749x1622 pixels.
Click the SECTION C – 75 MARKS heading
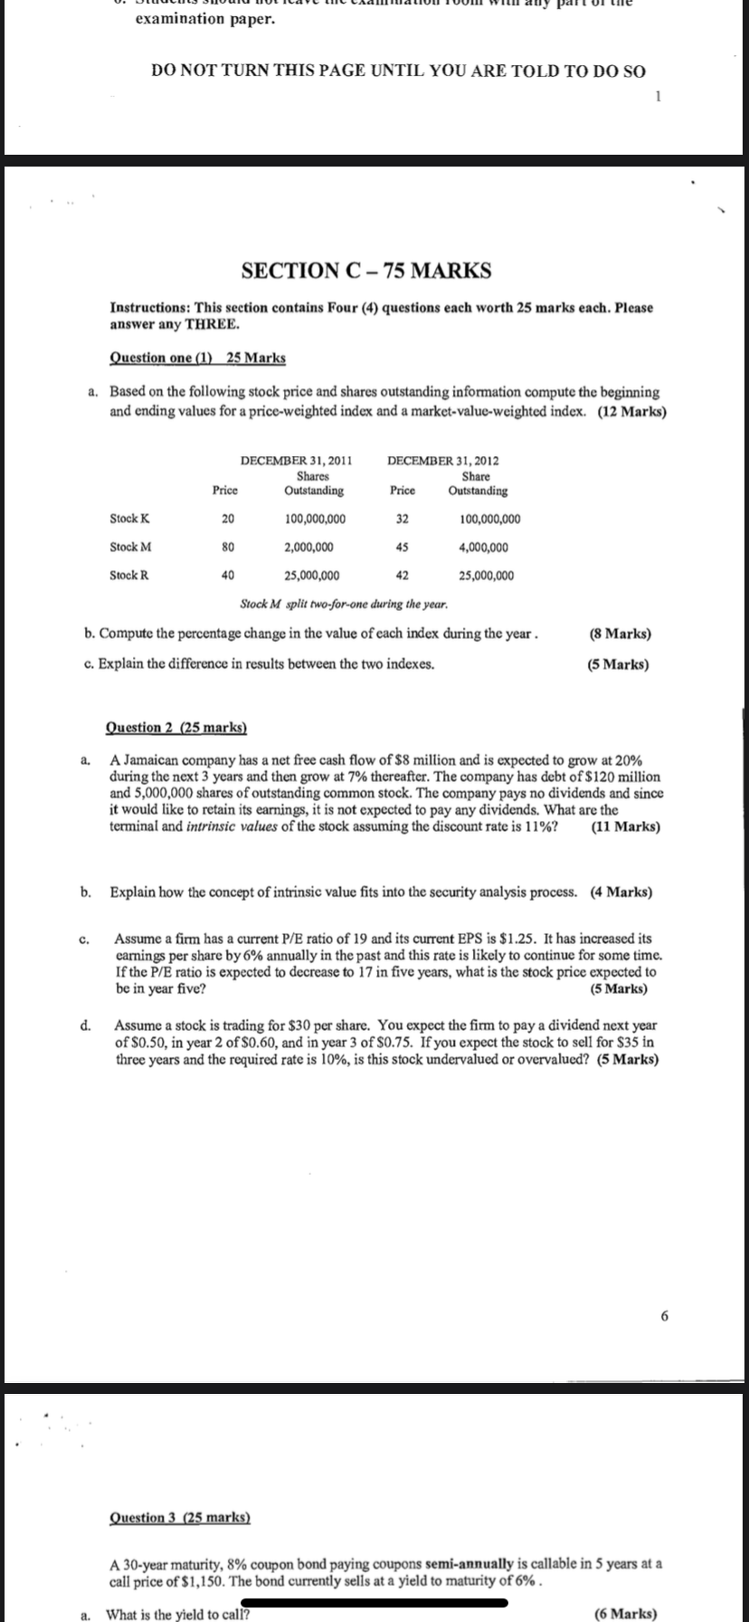pos(367,270)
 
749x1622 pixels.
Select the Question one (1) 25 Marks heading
pos(197,358)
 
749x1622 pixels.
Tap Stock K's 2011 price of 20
pos(228,519)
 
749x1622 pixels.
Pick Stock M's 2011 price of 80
pos(228,547)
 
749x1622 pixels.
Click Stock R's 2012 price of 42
pos(403,576)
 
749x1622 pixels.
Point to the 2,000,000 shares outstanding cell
pos(308,547)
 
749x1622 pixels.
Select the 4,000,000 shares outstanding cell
pos(484,547)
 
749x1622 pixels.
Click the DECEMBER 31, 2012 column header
pos(443,461)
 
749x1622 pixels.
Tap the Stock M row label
pos(130,547)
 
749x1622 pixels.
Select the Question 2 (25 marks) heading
pos(176,727)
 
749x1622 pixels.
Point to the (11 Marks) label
pos(624,826)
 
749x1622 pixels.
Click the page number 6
pos(665,1316)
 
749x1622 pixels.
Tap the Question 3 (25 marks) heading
pos(179,1517)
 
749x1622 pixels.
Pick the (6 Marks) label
pos(626,1614)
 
